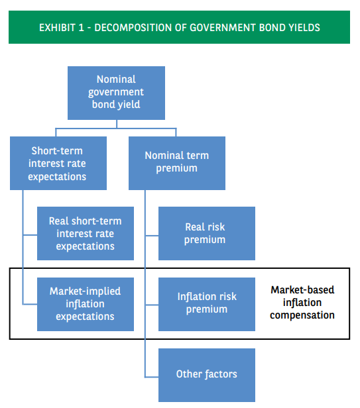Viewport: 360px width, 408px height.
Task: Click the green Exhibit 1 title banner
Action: (179, 28)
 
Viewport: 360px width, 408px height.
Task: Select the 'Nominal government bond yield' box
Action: (116, 92)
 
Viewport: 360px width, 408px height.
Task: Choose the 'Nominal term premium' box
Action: (176, 162)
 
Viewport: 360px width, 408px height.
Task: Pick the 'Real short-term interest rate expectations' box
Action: (85, 233)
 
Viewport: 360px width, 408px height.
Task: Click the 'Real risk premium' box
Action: (206, 233)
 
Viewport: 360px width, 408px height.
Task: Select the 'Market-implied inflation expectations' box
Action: (85, 303)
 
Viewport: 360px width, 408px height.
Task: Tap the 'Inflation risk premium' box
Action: (206, 303)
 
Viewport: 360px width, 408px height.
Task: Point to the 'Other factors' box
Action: (206, 374)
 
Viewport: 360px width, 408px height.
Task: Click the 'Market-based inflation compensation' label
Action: (302, 303)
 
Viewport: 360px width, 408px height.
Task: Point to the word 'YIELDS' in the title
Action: (304, 28)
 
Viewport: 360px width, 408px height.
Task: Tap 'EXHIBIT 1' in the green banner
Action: (63, 28)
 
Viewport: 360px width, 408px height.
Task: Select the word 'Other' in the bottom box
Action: (189, 374)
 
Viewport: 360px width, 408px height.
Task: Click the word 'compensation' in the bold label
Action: (302, 315)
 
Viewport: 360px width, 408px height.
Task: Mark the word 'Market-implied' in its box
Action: (85, 291)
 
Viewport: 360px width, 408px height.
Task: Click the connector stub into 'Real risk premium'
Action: (151, 234)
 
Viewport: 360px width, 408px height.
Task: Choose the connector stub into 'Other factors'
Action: (151, 375)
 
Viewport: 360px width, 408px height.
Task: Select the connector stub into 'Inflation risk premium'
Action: (151, 304)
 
